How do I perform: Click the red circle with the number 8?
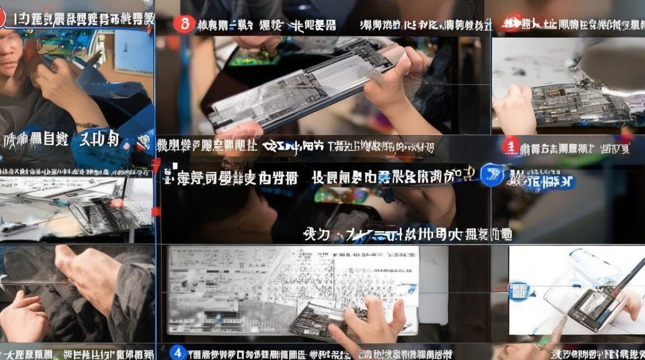tap(184, 24)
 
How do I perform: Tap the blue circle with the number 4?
tap(178, 353)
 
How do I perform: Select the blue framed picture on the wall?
tap(133, 52)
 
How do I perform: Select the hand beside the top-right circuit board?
tap(514, 110)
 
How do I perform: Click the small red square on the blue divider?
tap(155, 212)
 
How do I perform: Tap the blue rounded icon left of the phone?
tap(519, 290)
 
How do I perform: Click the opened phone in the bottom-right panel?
tap(595, 307)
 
